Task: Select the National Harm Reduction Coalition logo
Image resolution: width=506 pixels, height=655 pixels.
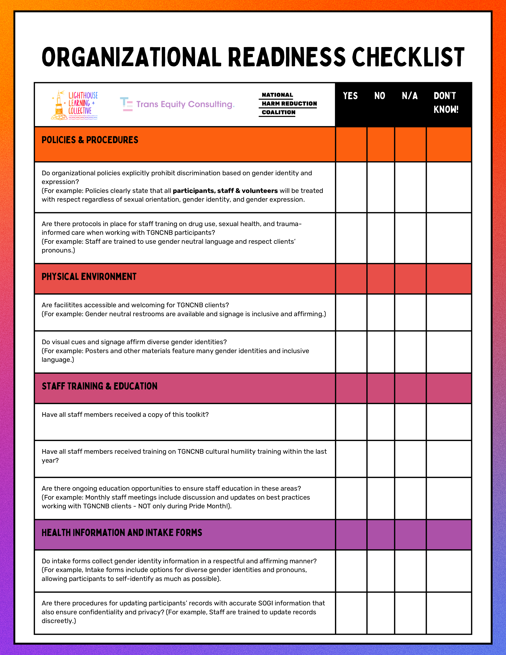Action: point(288,104)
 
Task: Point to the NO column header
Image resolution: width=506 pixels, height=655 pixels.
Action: point(379,96)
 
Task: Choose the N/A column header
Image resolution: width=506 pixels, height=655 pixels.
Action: point(410,96)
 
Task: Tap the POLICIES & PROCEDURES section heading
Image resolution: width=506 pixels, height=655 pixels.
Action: point(90,140)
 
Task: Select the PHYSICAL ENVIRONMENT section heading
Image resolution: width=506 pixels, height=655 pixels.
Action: point(89,276)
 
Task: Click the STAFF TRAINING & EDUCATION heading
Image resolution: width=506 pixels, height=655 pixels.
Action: point(100,386)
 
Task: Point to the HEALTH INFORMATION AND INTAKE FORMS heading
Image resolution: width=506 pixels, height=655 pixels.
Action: point(122,533)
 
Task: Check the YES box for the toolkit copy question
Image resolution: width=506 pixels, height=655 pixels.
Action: point(351,422)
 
